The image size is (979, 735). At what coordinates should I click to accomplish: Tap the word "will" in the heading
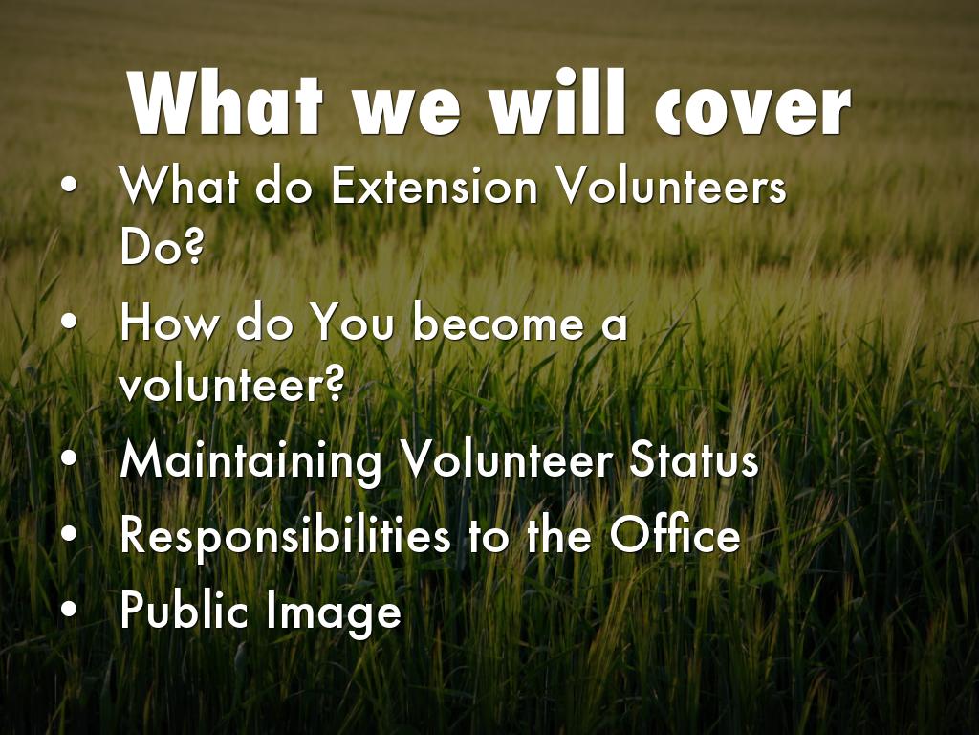[x=558, y=101]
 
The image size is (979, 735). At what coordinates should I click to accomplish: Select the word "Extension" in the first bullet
[x=435, y=186]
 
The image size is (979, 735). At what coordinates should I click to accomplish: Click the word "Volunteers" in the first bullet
[x=671, y=186]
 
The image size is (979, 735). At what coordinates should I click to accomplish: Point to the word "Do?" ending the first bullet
[x=162, y=245]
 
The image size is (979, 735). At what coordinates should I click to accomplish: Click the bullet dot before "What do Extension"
[x=70, y=186]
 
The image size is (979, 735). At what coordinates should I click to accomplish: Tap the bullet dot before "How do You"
[x=70, y=323]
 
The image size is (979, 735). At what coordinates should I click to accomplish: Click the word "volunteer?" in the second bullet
[x=231, y=383]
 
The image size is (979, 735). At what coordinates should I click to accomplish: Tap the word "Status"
[x=694, y=459]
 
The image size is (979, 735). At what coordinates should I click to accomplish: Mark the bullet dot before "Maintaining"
[x=70, y=458]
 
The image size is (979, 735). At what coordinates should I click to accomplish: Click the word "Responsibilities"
[x=285, y=536]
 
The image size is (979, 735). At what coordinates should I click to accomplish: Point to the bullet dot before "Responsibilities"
[x=70, y=534]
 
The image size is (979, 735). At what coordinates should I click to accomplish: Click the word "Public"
[x=184, y=610]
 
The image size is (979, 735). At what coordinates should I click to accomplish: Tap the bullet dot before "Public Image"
[x=70, y=608]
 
